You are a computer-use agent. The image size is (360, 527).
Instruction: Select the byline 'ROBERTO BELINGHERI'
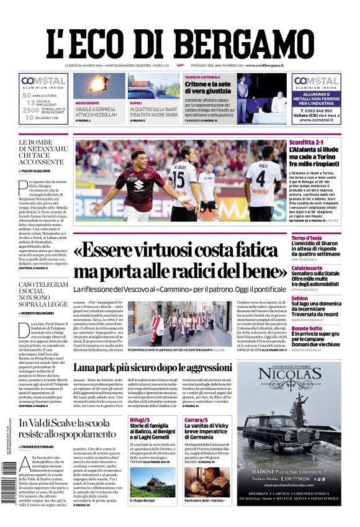tap(44, 313)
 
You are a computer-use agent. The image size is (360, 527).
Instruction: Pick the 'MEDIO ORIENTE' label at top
tap(86, 103)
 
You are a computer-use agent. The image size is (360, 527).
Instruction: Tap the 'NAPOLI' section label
tap(135, 103)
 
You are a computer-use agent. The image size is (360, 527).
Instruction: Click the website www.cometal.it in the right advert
tap(317, 120)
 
